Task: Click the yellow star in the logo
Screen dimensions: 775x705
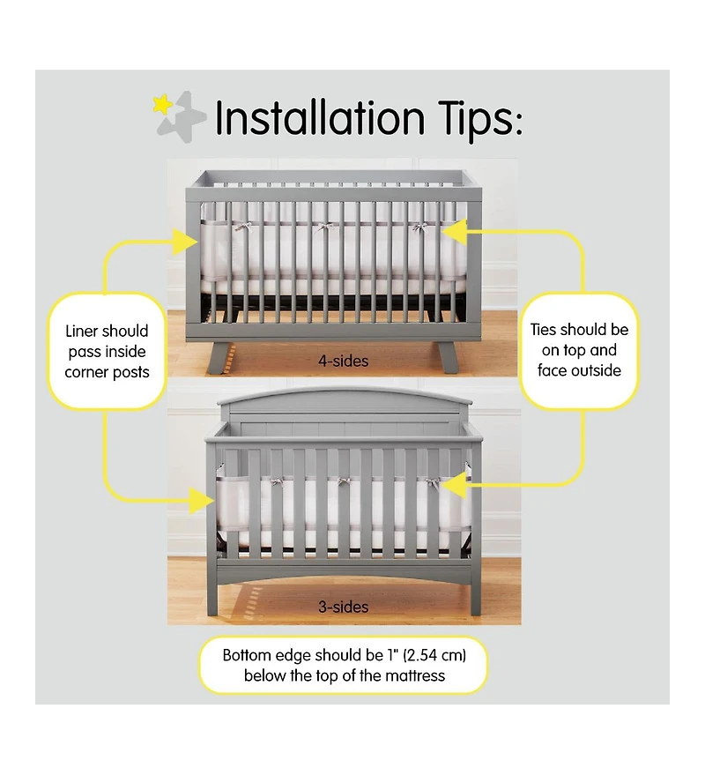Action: point(163,104)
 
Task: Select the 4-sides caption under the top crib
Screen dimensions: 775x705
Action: point(343,360)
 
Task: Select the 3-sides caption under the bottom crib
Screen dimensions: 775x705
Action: point(344,607)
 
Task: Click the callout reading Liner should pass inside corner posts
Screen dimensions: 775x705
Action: point(107,351)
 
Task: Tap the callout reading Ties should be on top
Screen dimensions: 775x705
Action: point(579,350)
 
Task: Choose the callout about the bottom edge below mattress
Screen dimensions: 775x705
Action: point(343,666)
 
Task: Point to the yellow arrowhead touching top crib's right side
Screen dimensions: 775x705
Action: point(452,231)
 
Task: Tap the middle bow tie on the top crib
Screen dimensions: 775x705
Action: point(323,228)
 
